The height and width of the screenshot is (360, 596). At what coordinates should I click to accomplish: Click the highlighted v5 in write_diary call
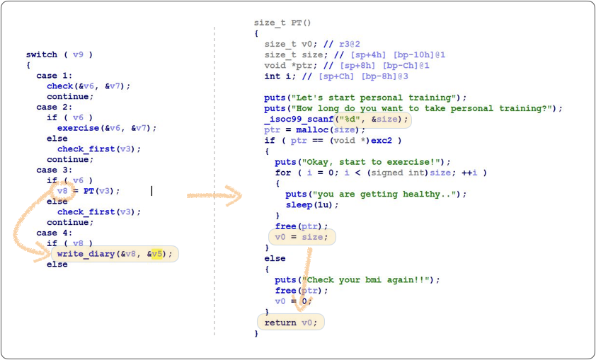(x=157, y=254)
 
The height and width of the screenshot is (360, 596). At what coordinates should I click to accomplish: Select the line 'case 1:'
(x=54, y=76)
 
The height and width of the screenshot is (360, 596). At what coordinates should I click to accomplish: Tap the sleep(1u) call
(x=312, y=204)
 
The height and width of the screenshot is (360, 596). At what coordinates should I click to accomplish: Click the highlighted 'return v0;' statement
(x=290, y=323)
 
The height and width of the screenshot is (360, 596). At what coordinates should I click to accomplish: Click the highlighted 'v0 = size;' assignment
(x=302, y=237)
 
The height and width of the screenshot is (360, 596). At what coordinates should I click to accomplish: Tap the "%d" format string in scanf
(x=351, y=119)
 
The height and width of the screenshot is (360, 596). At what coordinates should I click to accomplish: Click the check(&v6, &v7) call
(x=88, y=86)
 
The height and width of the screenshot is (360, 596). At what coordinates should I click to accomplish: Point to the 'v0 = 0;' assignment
(x=292, y=301)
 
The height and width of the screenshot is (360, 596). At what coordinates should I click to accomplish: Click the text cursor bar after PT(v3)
(x=151, y=191)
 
